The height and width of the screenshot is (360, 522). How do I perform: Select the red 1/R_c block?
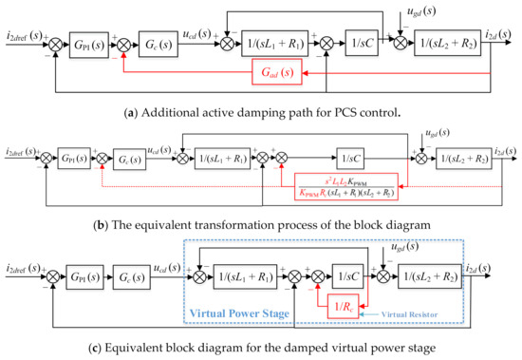pos(346,307)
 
